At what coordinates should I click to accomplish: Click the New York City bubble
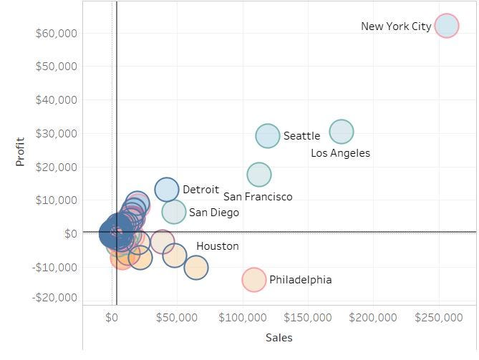(x=447, y=26)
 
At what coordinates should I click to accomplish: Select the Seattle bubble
(x=268, y=135)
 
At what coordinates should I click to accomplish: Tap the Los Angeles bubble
(x=342, y=132)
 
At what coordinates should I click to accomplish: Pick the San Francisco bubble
(x=259, y=175)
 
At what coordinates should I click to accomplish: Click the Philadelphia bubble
(x=253, y=279)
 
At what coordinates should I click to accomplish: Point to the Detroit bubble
(x=167, y=190)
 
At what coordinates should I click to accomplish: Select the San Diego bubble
(x=174, y=212)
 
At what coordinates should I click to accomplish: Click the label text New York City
(x=396, y=26)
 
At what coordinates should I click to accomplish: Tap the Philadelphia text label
(x=300, y=280)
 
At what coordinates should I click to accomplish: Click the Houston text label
(x=217, y=246)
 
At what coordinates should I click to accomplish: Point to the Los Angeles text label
(x=340, y=153)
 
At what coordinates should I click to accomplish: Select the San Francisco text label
(x=258, y=197)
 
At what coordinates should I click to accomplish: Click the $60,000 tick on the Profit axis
(x=56, y=33)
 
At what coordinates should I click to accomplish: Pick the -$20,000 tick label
(x=54, y=298)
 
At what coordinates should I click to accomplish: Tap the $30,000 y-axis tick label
(x=56, y=134)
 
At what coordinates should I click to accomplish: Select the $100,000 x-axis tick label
(x=243, y=317)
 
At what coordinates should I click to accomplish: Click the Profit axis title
(x=20, y=152)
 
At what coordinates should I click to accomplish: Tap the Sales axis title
(x=279, y=338)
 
